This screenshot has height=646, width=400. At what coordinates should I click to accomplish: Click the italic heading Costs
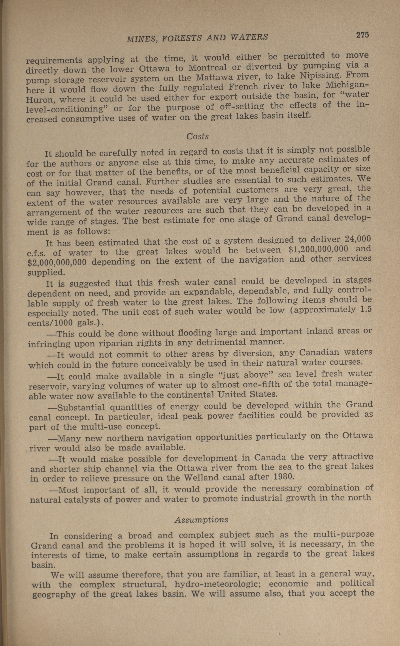(197, 136)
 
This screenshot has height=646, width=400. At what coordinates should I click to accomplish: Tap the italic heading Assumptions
(201, 520)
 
